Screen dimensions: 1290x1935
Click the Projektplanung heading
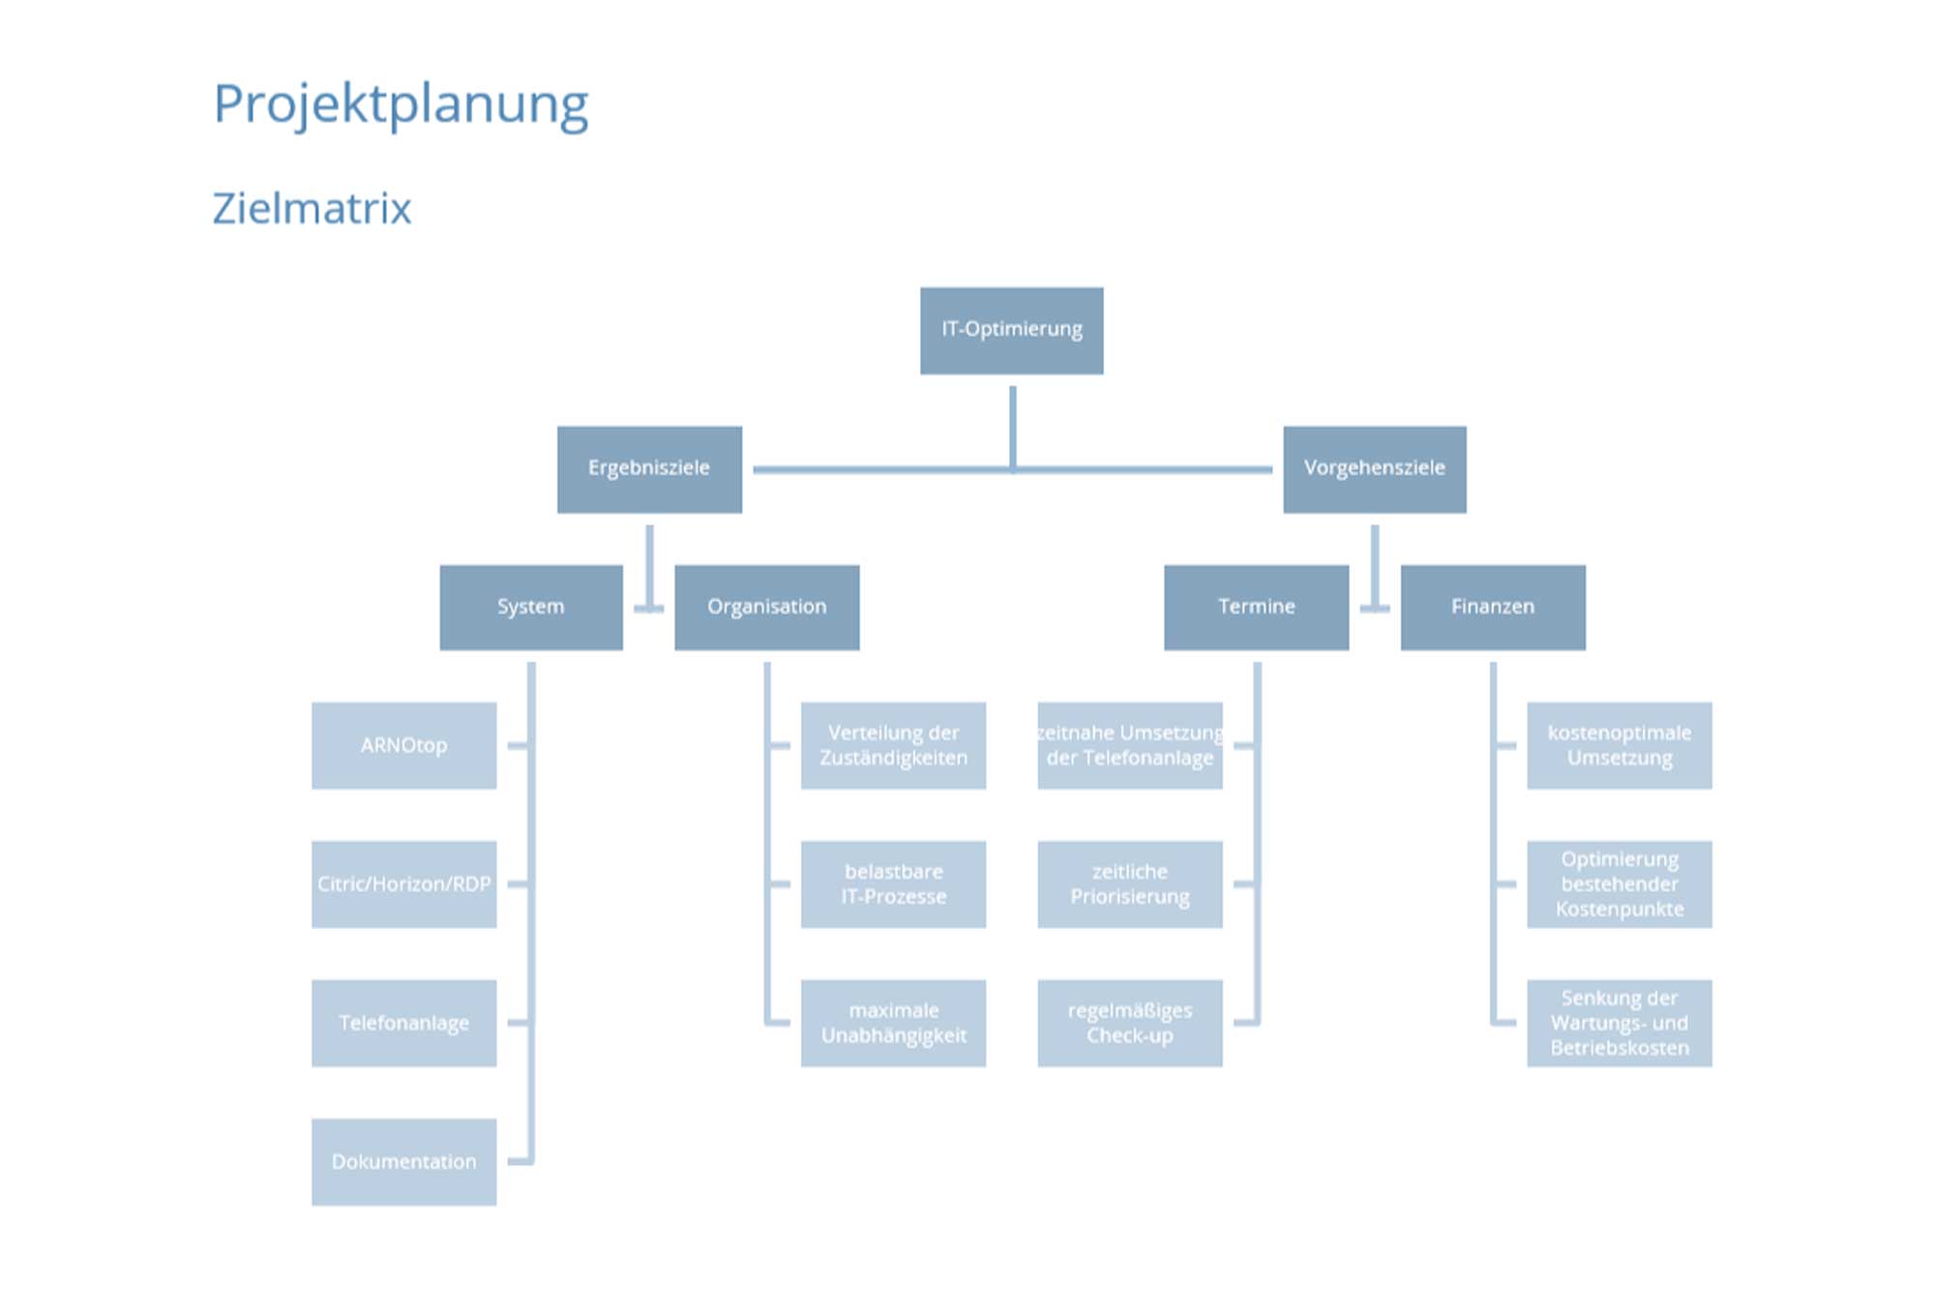point(401,105)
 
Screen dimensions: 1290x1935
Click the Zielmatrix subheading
point(312,208)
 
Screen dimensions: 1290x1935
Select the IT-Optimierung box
point(1011,330)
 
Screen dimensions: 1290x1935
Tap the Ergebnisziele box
point(649,468)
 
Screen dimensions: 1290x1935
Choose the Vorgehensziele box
point(1374,468)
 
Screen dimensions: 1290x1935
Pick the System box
point(531,607)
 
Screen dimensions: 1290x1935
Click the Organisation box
point(766,607)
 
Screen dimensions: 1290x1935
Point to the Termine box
point(1256,607)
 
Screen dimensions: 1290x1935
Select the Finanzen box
point(1493,607)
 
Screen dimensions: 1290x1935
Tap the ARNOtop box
point(403,745)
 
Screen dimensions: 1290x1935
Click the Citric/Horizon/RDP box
point(403,884)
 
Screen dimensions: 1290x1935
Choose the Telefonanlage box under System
point(403,1023)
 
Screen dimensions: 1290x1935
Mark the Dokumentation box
point(403,1161)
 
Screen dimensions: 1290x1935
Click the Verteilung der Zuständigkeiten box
point(893,745)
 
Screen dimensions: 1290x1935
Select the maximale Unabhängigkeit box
point(893,1023)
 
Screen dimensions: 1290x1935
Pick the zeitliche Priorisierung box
point(1129,884)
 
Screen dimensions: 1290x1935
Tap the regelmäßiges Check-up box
point(1129,1023)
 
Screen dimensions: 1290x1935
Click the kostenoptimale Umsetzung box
point(1619,745)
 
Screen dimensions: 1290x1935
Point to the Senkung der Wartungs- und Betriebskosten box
point(1619,1023)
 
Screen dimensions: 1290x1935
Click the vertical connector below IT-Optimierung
point(1012,426)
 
